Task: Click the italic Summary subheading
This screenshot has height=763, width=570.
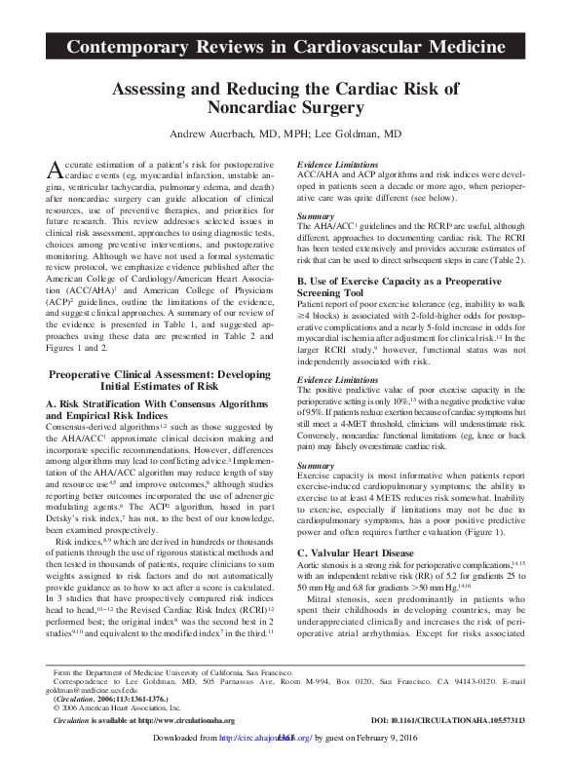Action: [x=315, y=213]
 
